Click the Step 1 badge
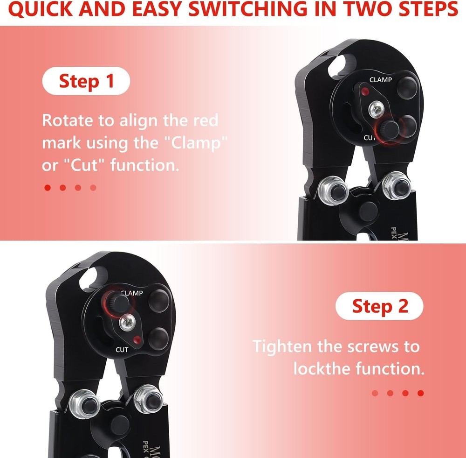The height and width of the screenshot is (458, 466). (x=86, y=81)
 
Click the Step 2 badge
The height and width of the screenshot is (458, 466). (x=379, y=306)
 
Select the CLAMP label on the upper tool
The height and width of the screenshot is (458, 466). (x=381, y=80)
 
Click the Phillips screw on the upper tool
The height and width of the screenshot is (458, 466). (x=375, y=110)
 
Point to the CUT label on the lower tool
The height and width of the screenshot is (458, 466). (x=122, y=349)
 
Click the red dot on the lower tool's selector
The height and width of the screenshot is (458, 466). (x=136, y=339)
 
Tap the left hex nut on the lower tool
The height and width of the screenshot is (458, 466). (x=81, y=403)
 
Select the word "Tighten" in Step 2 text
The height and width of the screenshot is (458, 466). (x=282, y=347)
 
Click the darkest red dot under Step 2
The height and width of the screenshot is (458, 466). (x=420, y=393)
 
